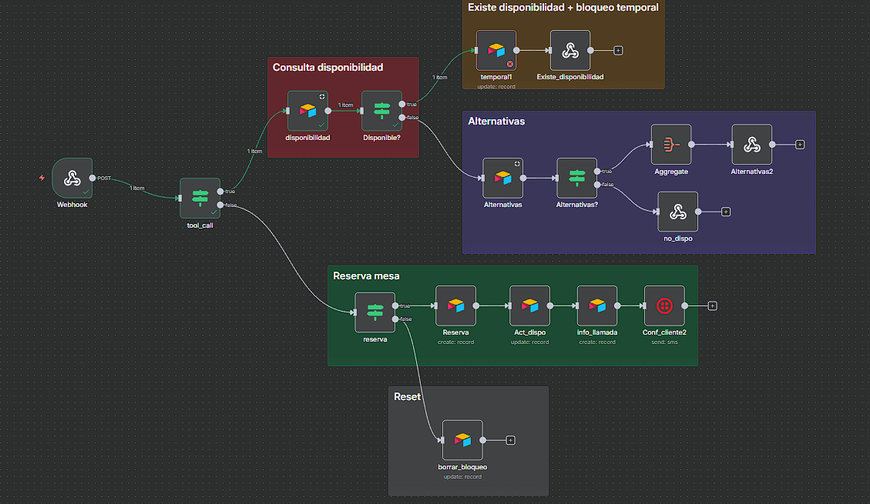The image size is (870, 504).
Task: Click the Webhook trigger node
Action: (72, 178)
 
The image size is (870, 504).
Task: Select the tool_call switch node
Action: (200, 198)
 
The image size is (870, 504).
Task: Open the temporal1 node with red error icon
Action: (496, 50)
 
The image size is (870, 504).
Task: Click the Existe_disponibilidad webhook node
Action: (570, 50)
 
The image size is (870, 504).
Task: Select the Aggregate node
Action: (670, 144)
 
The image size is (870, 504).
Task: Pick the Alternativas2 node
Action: (751, 144)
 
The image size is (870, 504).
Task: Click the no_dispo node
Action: (677, 211)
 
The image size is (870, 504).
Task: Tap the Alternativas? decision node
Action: (576, 178)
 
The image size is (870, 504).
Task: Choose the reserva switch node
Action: (375, 312)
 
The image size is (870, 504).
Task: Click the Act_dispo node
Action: (529, 305)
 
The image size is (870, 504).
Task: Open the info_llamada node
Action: (597, 305)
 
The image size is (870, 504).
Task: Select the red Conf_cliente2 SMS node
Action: (664, 305)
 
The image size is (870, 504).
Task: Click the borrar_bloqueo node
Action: (462, 440)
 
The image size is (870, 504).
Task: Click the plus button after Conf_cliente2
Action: (713, 305)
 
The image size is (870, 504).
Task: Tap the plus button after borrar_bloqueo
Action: (510, 440)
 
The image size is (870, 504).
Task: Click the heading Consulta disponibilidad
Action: (328, 68)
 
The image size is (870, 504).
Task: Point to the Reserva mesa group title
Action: (366, 275)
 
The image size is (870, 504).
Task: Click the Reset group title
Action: (407, 396)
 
